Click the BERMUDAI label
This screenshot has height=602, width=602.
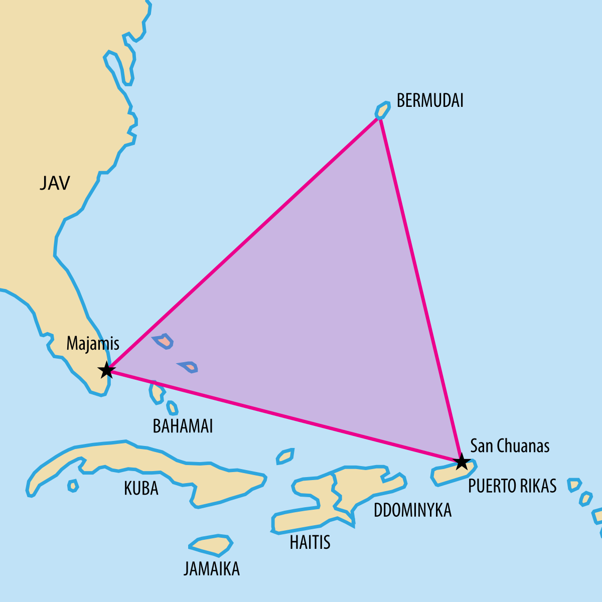(430, 100)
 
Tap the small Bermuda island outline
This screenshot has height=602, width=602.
(383, 110)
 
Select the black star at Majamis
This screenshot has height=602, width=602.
(106, 371)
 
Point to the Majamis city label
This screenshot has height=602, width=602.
(93, 344)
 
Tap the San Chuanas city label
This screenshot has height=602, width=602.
(510, 445)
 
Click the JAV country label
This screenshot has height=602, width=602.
(55, 183)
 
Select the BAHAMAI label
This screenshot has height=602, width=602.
(183, 426)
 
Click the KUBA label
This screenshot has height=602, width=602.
(141, 488)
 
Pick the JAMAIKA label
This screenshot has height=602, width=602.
(211, 569)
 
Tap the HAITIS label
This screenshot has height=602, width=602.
(310, 542)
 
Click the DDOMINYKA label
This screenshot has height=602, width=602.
(412, 510)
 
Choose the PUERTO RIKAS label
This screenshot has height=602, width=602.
(512, 486)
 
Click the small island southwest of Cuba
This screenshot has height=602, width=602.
(73, 485)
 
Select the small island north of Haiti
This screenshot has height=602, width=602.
(285, 456)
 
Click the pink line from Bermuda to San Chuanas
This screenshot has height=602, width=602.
(420, 288)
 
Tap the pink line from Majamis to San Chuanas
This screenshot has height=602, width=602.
(283, 416)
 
